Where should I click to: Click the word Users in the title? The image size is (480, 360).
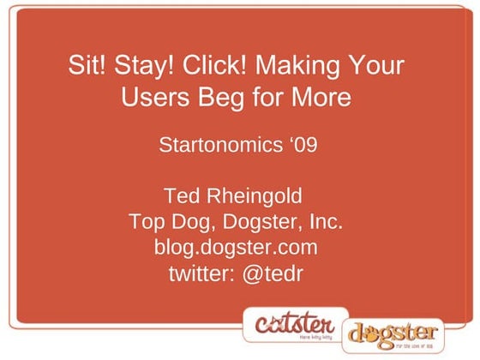151,98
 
